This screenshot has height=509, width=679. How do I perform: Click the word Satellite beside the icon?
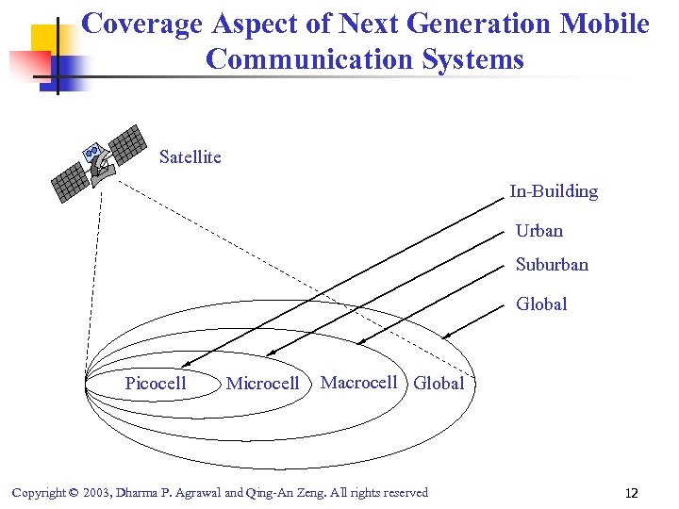(190, 157)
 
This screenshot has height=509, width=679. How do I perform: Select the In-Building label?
(554, 191)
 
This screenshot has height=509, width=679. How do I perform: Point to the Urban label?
(538, 231)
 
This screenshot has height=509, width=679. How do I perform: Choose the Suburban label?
(551, 265)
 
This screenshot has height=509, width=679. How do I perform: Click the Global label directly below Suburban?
(541, 304)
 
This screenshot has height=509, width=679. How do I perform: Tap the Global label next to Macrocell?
(439, 384)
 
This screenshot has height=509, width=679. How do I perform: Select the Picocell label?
(156, 383)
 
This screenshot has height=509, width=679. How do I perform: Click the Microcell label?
(262, 384)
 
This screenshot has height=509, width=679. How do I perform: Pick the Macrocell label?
(358, 382)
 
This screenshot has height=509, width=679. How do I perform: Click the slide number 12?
(631, 493)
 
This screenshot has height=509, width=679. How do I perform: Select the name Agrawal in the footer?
(195, 493)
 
